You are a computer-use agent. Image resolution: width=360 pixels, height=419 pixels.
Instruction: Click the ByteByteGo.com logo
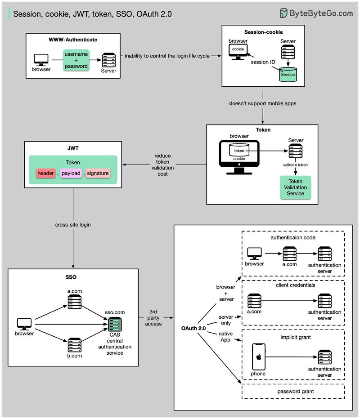pyautogui.click(x=316, y=13)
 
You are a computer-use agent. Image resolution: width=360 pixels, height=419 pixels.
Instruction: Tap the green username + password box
pyautogui.click(x=76, y=60)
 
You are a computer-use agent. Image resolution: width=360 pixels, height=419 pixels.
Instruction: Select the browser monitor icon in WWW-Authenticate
pyautogui.click(x=41, y=60)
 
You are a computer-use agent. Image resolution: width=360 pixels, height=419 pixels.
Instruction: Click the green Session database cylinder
pyautogui.click(x=288, y=74)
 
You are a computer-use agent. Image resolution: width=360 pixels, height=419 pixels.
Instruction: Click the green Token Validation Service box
pyautogui.click(x=296, y=187)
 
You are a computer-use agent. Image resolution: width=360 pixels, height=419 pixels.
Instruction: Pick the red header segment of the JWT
pyautogui.click(x=45, y=174)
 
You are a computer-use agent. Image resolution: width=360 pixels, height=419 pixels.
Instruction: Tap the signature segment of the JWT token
pyautogui.click(x=98, y=174)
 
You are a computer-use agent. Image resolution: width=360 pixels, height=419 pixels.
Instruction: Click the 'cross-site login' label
pyautogui.click(x=73, y=224)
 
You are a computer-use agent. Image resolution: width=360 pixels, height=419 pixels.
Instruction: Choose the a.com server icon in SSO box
pyautogui.click(x=75, y=302)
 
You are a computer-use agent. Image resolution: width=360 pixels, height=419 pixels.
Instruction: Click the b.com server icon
pyautogui.click(x=75, y=345)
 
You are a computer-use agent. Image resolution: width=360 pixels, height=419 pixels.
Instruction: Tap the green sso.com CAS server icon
pyautogui.click(x=114, y=324)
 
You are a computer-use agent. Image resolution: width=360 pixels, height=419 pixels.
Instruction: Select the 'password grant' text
pyautogui.click(x=293, y=392)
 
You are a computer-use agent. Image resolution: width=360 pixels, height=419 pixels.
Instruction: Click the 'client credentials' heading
pyautogui.click(x=293, y=285)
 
